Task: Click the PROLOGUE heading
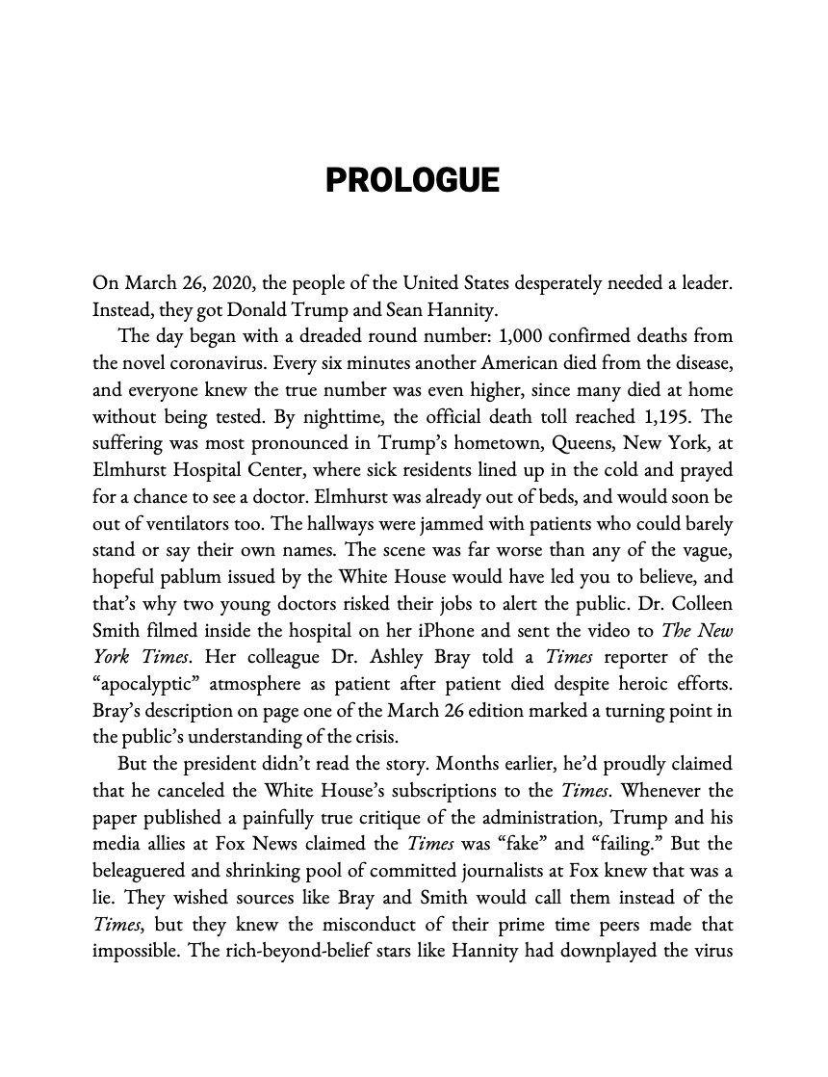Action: pyautogui.click(x=413, y=180)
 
